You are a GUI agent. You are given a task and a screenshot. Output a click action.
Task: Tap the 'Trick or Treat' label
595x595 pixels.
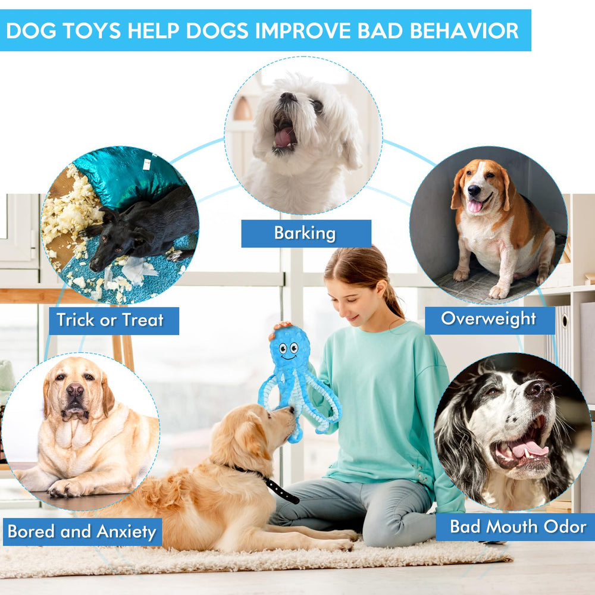pyautogui.click(x=110, y=320)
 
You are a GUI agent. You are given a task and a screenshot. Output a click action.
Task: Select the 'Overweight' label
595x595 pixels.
pyautogui.click(x=488, y=319)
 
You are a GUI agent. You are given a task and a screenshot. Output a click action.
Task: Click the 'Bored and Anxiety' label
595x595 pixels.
pyautogui.click(x=82, y=531)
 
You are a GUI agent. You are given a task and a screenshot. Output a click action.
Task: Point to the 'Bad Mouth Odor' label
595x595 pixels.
pyautogui.click(x=517, y=527)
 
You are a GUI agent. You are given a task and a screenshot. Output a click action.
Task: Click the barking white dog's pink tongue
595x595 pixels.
pyautogui.click(x=283, y=138)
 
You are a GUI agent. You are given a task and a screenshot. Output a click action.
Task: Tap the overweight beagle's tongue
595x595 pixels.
pyautogui.click(x=475, y=206)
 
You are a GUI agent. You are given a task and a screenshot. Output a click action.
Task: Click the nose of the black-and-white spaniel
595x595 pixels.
pyautogui.click(x=538, y=390)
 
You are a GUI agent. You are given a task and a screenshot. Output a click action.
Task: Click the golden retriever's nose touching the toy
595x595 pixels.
pyautogui.click(x=291, y=411)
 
